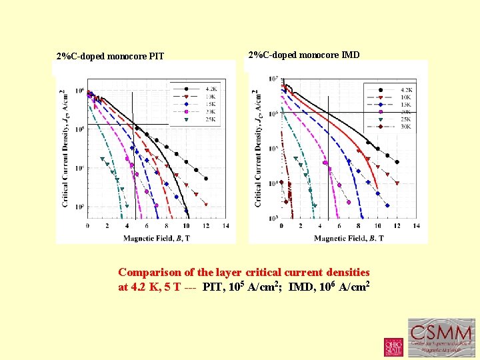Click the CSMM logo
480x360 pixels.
(x=441, y=337)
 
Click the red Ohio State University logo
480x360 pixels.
(x=393, y=347)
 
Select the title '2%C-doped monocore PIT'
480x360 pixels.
(x=110, y=56)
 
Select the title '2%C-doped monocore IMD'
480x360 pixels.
(x=303, y=55)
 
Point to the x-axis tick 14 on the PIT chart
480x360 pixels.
(x=226, y=226)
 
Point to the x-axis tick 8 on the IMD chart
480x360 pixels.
(x=359, y=226)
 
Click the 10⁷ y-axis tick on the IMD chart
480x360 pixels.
(x=273, y=79)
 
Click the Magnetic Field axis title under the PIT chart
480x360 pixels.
(x=157, y=237)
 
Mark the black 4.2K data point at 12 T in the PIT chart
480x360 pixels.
(x=206, y=178)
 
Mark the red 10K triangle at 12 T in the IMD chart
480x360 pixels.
(x=397, y=183)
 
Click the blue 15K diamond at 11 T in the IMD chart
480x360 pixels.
(x=387, y=195)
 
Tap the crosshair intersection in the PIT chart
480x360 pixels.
(x=135, y=125)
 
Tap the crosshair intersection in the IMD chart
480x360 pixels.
(x=328, y=113)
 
